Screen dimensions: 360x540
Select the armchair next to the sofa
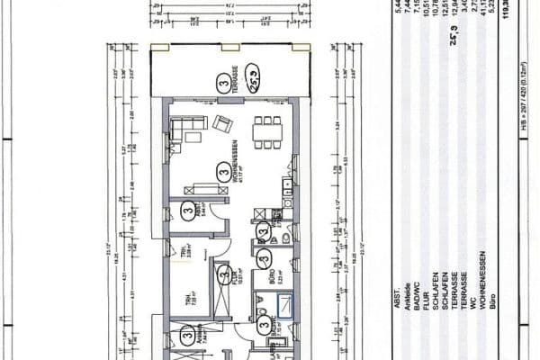click(221, 123)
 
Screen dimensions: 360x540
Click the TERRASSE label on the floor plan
click(236, 79)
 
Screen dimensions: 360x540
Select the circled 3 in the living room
click(223, 167)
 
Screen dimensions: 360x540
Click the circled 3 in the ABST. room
click(187, 212)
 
